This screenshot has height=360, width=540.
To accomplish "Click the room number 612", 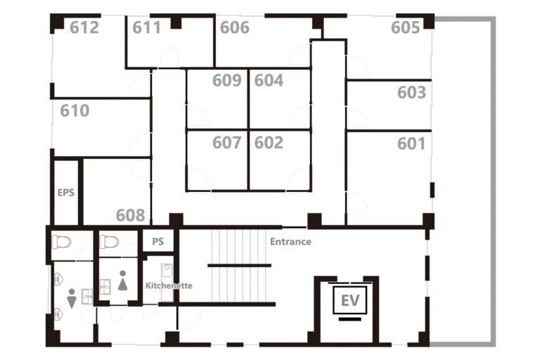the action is (x=84, y=27).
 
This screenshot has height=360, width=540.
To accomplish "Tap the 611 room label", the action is (x=147, y=27).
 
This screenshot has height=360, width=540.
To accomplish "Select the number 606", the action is (x=235, y=27).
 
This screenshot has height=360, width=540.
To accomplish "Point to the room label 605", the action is (x=405, y=27).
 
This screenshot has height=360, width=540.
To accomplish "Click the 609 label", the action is (x=227, y=80).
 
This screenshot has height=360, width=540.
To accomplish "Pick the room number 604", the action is (x=269, y=80).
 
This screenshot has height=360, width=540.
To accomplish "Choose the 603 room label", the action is (x=411, y=92).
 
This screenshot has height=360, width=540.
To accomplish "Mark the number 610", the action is (x=75, y=110).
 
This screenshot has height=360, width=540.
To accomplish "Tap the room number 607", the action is (x=227, y=143).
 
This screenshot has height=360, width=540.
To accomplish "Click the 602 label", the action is (x=269, y=143).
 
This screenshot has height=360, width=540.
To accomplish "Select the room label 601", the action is (x=411, y=143).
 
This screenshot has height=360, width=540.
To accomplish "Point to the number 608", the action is (x=131, y=215).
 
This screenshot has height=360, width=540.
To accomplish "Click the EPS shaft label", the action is (x=66, y=193).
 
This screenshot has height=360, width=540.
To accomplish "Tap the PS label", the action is (x=158, y=241).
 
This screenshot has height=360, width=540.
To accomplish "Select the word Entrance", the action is (x=290, y=242).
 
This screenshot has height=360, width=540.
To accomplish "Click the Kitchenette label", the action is (x=169, y=285).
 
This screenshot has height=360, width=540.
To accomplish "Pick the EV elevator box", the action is (x=350, y=300).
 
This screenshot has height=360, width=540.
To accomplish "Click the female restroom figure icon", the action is (x=123, y=281).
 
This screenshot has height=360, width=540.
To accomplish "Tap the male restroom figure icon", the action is (x=72, y=299).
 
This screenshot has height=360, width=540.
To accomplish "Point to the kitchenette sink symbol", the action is (x=167, y=271).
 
